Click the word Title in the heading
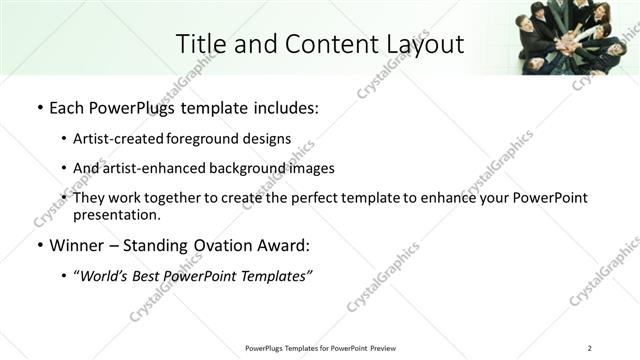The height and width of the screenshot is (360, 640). (x=198, y=44)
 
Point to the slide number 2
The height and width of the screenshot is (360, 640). (x=589, y=347)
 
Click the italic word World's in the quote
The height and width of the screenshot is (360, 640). (x=105, y=275)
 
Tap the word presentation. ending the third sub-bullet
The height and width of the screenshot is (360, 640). (x=116, y=214)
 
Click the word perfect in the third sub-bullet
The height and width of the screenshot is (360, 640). (x=306, y=198)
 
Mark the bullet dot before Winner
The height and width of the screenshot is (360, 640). (x=39, y=245)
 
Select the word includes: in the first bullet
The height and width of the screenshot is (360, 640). (x=285, y=107)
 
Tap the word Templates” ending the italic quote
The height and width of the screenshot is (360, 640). (x=276, y=275)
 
